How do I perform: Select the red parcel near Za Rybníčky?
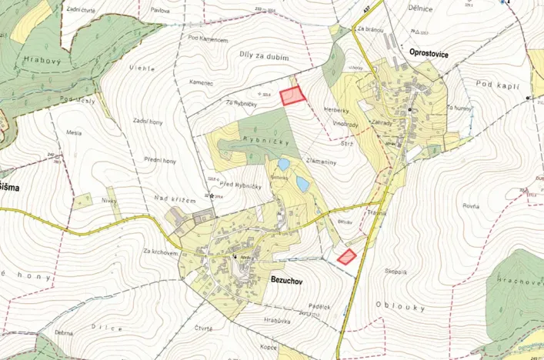click(x=291, y=95)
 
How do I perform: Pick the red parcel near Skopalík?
click(x=348, y=257)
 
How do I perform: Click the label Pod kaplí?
click(x=498, y=84)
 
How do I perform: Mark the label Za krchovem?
click(x=160, y=252)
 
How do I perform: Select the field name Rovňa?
click(x=471, y=206)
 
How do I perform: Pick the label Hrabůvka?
click(x=279, y=319)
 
